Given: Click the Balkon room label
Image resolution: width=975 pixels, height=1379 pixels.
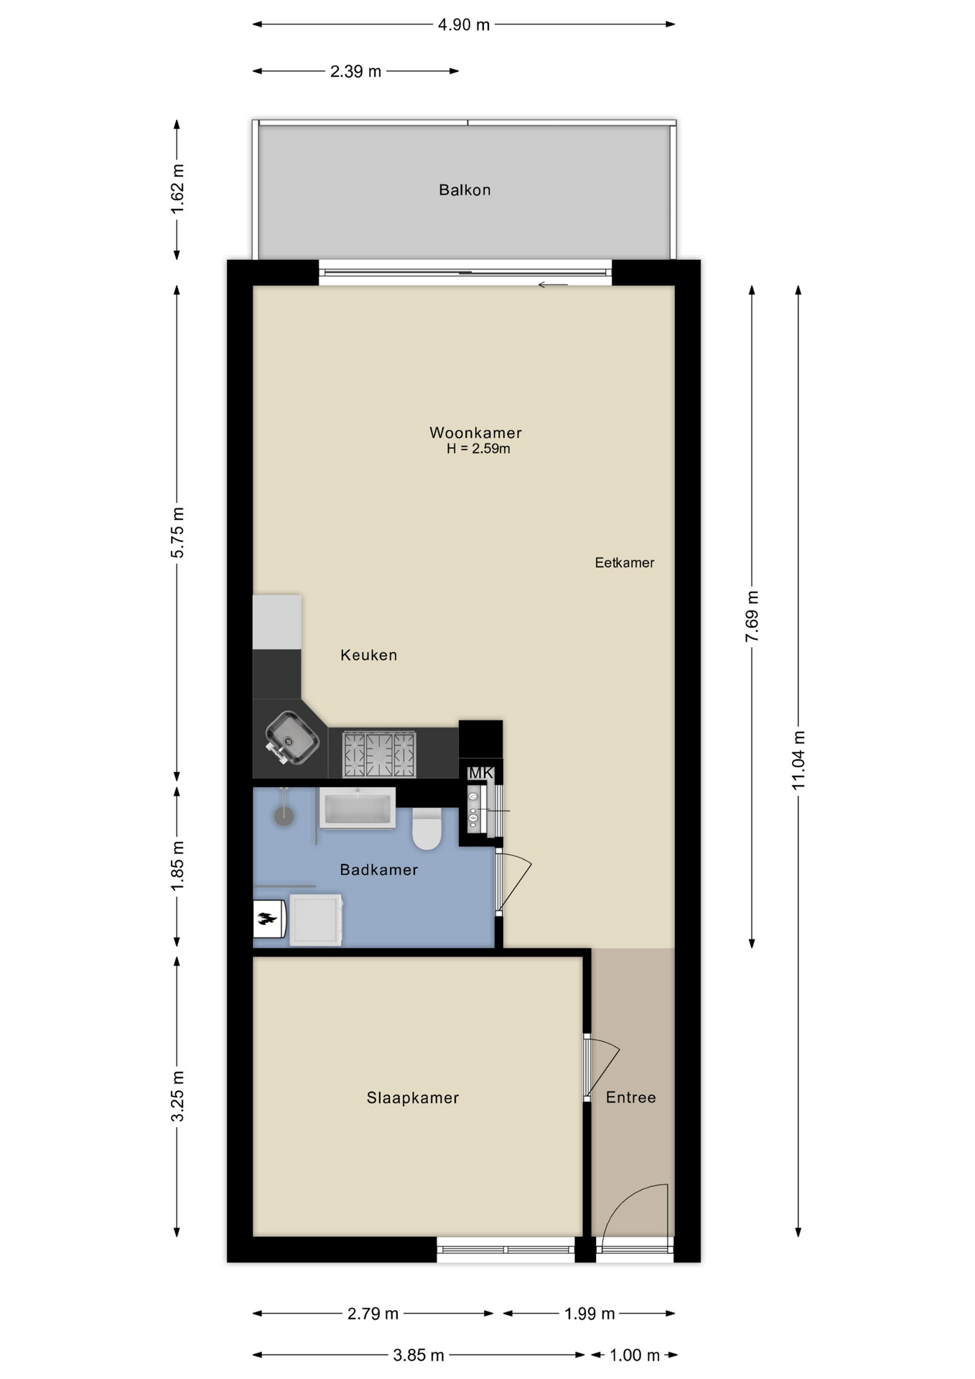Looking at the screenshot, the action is point(465,190).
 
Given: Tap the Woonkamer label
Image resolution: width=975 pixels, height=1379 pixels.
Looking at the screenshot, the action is point(475,432).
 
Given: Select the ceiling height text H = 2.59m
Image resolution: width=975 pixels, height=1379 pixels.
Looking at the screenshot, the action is point(478,449).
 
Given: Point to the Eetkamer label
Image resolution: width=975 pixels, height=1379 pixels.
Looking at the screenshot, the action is point(625,563).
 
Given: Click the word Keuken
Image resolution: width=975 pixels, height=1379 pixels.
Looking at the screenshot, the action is point(368,655).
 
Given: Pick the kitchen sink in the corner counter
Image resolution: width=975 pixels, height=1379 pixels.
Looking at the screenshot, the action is point(291,737).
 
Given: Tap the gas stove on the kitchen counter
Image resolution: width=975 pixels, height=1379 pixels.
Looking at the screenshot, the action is point(379,754).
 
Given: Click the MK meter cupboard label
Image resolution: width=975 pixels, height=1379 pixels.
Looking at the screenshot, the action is point(480,773).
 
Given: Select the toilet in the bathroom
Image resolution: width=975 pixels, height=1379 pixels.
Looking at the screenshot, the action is point(427,829).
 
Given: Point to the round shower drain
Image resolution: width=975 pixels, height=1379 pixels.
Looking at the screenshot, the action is point(284,816).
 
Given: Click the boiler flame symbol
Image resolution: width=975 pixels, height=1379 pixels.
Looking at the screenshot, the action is point(268,919).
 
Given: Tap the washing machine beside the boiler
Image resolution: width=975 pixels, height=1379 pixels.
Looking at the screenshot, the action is point(316,919).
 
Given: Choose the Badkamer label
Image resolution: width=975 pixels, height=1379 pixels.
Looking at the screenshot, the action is point(378,870).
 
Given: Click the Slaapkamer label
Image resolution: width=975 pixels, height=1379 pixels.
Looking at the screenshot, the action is point(413,1097).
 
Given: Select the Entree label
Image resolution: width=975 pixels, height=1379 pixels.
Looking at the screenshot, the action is point(631,1097).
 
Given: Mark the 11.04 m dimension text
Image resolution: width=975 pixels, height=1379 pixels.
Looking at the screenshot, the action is point(798,760).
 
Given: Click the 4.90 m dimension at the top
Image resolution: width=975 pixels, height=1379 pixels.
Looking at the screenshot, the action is point(464,25).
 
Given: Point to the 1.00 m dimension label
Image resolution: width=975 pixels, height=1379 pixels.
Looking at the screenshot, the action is point(635,1355).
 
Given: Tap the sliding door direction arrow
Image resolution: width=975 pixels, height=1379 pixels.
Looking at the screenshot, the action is point(553,285).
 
